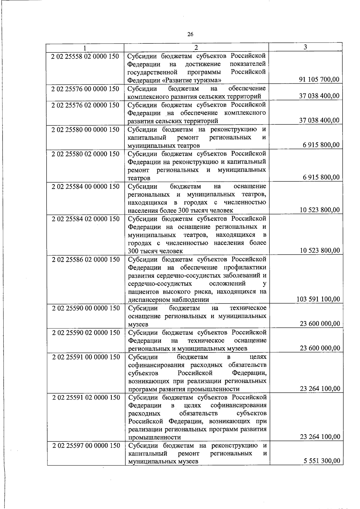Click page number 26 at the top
pyautogui.click(x=190, y=34)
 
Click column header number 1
pyautogui.click(x=85, y=48)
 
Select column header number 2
pyautogui.click(x=196, y=47)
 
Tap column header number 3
pyautogui.click(x=305, y=47)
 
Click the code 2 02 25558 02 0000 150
pyautogui.click(x=85, y=56)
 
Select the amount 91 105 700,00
pyautogui.click(x=319, y=79)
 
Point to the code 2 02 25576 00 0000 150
pyautogui.click(x=85, y=89)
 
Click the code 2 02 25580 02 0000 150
pyautogui.click(x=85, y=154)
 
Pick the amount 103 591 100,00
pyautogui.click(x=318, y=299)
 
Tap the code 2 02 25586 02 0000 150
pyautogui.click(x=86, y=259)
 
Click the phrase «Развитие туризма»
pyautogui.click(x=192, y=80)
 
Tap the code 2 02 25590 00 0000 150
pyautogui.click(x=86, y=308)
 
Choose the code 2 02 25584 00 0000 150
pyautogui.click(x=85, y=186)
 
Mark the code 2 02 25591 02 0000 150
pyautogui.click(x=86, y=397)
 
